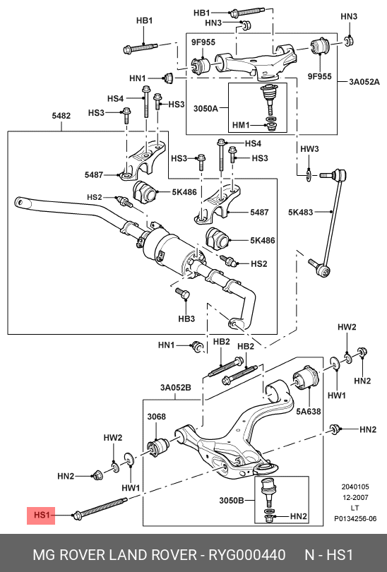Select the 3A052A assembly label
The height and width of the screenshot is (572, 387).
(362, 82)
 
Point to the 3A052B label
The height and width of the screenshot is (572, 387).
(176, 387)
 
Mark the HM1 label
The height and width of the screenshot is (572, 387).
(241, 124)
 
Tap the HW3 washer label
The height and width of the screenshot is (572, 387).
(310, 149)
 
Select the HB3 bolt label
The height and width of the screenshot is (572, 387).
(186, 319)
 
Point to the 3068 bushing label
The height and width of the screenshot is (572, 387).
(156, 417)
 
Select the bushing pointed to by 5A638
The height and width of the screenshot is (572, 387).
(308, 379)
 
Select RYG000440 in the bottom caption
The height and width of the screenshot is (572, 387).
(247, 554)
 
